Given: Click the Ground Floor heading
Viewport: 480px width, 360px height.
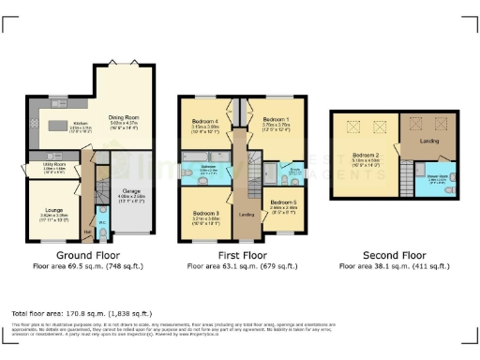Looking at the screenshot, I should [84, 255].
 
